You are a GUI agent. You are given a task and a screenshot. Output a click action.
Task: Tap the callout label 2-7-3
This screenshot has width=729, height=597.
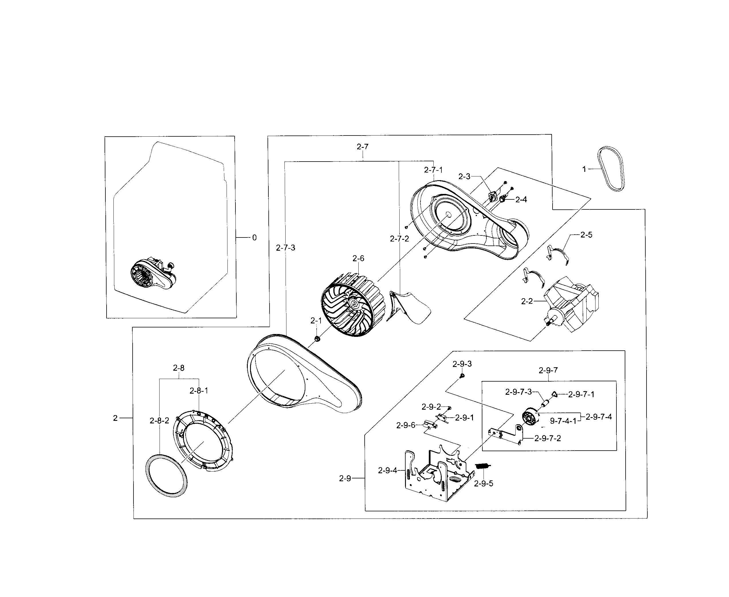285,248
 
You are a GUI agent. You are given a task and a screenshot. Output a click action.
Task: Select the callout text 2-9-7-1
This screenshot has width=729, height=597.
581,394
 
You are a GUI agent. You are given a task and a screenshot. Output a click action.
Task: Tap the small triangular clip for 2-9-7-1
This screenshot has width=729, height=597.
555,394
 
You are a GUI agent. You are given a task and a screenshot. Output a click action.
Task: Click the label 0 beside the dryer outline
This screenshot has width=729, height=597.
254,238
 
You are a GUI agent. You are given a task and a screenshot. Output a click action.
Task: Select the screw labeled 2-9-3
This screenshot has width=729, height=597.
462,376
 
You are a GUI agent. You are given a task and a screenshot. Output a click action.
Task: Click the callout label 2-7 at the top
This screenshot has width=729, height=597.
362,147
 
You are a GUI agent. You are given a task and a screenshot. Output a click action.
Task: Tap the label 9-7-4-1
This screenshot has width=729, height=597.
563,421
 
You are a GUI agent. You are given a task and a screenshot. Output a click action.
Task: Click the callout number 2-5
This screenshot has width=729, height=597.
586,235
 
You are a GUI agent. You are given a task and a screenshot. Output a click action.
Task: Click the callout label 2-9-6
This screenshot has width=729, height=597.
406,425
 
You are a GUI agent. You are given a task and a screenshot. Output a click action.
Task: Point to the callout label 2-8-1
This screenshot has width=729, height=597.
199,391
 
